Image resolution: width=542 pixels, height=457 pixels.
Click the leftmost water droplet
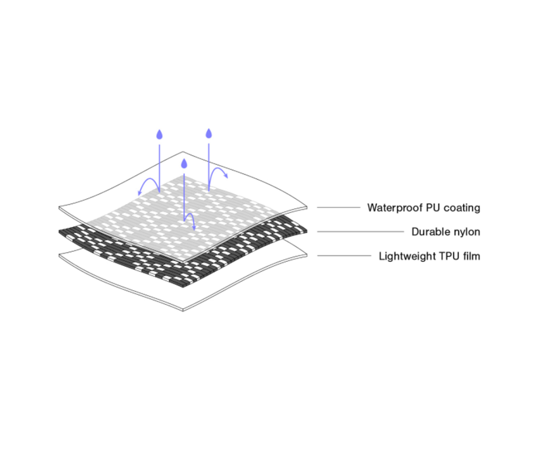pyautogui.click(x=159, y=135)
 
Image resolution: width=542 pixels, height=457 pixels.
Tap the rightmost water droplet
pyautogui.click(x=208, y=133)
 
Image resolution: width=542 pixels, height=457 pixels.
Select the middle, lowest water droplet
pyautogui.click(x=184, y=164)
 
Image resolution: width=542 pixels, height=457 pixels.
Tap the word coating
pyautogui.click(x=462, y=208)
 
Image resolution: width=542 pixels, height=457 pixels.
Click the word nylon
pyautogui.click(x=467, y=232)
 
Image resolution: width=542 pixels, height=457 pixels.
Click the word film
pyautogui.click(x=471, y=256)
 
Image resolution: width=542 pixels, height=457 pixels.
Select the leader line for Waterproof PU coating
pyautogui.click(x=338, y=207)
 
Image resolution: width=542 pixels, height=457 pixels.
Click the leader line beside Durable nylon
pyautogui.click(x=360, y=231)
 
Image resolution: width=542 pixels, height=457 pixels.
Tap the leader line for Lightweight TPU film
pyautogui.click(x=344, y=256)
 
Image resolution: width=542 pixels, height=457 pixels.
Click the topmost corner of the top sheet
pyautogui.click(x=183, y=152)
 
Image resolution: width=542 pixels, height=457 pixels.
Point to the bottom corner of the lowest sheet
pyautogui.click(x=183, y=310)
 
